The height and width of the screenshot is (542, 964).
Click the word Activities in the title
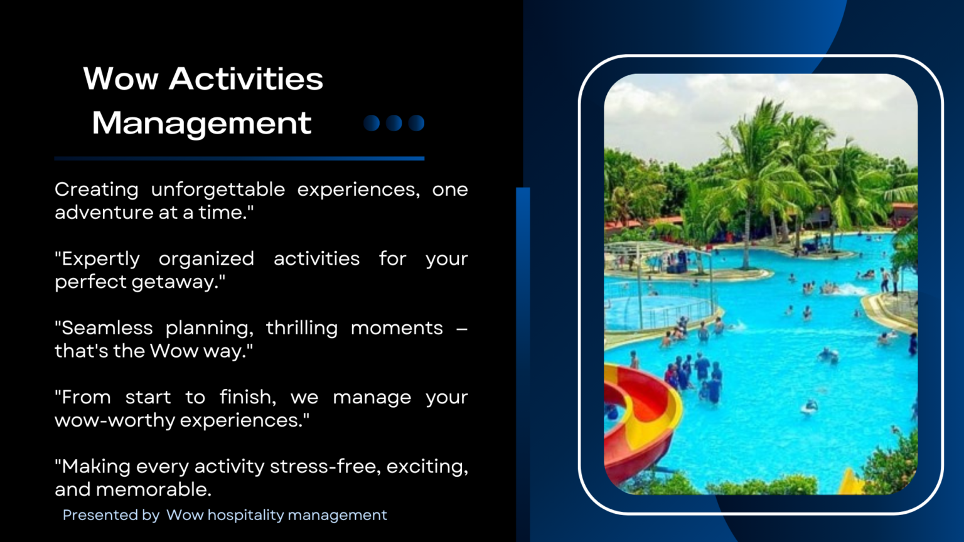246,79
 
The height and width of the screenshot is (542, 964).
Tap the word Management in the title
201,123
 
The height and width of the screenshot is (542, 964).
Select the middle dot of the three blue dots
394,123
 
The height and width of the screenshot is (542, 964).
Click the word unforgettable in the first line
218,189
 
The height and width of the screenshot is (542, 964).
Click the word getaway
178,282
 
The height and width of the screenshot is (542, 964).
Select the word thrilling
301,328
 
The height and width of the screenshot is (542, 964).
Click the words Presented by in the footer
111,515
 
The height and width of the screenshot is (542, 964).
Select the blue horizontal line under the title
239,159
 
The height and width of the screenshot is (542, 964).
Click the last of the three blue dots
417,123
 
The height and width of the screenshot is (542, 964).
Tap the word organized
206,259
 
